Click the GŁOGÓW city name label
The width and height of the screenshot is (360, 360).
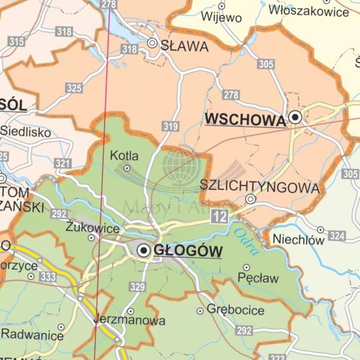pos(188,251)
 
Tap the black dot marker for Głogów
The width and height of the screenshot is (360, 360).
pos(144,250)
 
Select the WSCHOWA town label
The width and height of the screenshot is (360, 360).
pos(245,120)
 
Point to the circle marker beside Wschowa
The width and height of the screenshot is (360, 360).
pos(295,117)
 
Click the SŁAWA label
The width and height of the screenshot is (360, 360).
pos(185,46)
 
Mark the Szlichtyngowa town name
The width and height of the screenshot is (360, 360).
pos(259,187)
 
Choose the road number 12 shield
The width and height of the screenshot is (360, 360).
pos(220,217)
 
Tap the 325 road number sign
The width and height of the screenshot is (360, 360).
pos(74,88)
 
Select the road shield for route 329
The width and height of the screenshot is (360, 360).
pos(137,287)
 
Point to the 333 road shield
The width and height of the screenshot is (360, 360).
pos(48,277)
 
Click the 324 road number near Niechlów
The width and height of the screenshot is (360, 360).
pos(336,236)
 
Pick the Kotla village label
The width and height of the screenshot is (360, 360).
pos(124,155)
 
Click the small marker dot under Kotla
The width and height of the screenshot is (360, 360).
pos(127,168)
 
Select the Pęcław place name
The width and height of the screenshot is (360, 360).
pos(258,279)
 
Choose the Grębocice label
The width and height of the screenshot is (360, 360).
pos(236,310)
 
